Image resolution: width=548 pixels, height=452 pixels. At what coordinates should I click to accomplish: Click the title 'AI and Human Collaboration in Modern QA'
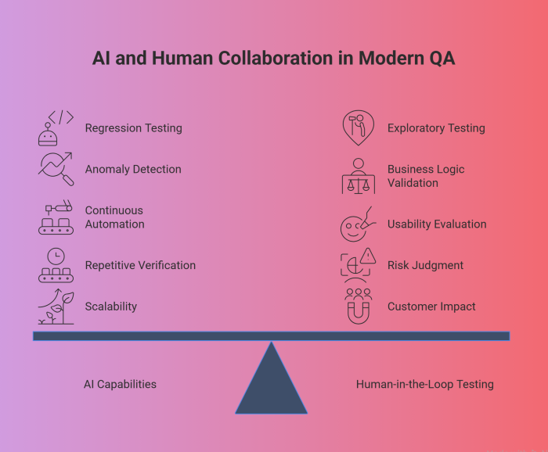[274, 59]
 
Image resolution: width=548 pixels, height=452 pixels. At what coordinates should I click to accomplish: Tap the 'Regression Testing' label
[133, 128]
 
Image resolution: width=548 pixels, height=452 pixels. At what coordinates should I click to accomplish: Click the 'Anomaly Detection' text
[132, 169]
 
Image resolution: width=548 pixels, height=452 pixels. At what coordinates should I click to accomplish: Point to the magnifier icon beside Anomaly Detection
[56, 169]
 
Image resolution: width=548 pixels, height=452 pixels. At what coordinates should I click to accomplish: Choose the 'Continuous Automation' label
[114, 217]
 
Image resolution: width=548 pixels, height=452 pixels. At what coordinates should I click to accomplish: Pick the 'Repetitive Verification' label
[140, 265]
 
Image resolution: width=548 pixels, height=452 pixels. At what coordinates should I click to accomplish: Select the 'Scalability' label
[110, 307]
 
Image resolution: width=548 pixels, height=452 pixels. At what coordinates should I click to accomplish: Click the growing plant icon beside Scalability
[56, 307]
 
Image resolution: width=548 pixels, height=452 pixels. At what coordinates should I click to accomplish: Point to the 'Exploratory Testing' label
[436, 128]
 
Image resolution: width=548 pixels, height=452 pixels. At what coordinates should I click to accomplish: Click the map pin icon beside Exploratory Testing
[358, 128]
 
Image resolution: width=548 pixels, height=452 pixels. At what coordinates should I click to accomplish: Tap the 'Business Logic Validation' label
[426, 176]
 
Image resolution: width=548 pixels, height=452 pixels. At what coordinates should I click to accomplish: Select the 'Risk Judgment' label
[425, 265]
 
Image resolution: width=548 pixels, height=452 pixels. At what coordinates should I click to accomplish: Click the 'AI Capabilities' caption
[120, 384]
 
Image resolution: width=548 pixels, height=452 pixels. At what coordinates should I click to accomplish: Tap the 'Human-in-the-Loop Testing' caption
[424, 384]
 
